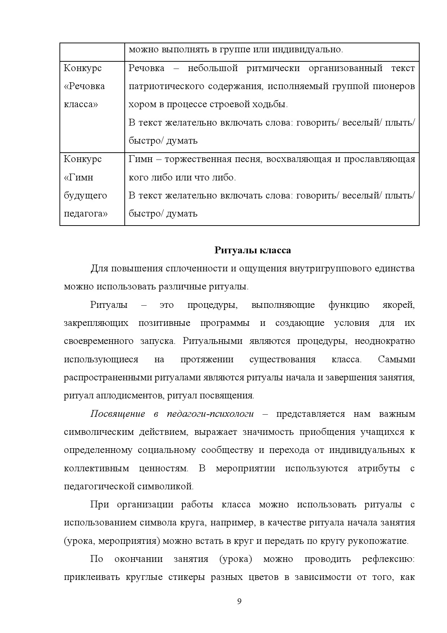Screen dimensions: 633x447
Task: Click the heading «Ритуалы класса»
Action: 252,250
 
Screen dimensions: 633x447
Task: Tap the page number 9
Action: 239,601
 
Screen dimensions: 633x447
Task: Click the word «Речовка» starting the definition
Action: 146,68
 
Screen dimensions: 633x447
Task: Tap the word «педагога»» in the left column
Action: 85,213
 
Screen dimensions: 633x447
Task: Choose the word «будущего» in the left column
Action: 85,195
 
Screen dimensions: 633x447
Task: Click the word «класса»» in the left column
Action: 81,104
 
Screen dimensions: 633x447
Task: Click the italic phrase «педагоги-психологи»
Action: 210,414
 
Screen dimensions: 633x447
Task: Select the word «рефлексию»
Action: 388,559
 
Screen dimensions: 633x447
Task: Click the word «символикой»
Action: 165,486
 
